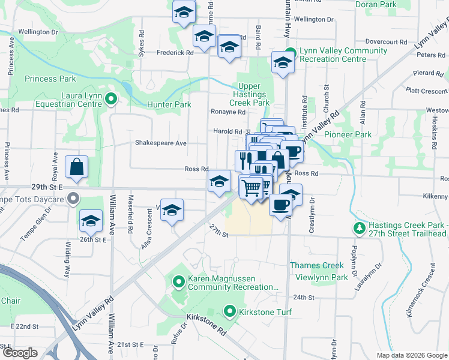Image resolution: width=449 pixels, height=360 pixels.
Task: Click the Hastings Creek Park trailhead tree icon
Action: click(x=359, y=229)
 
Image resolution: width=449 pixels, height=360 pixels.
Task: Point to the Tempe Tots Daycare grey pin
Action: click(x=73, y=198)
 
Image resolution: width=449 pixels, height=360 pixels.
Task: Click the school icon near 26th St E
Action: click(x=91, y=221)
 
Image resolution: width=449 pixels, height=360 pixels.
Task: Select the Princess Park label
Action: click(x=50, y=79)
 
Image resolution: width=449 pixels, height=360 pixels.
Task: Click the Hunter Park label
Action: click(x=169, y=104)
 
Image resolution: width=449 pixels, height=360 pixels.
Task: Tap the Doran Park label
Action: click(x=376, y=4)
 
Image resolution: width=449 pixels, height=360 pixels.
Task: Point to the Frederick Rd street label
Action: click(x=175, y=53)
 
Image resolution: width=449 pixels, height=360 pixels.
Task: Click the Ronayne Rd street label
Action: click(x=228, y=112)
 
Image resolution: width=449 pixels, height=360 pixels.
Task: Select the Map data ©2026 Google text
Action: click(x=411, y=355)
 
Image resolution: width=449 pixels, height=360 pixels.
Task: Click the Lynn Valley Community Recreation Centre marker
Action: click(x=291, y=52)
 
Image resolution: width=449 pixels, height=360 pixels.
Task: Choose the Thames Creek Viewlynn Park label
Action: click(x=318, y=271)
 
